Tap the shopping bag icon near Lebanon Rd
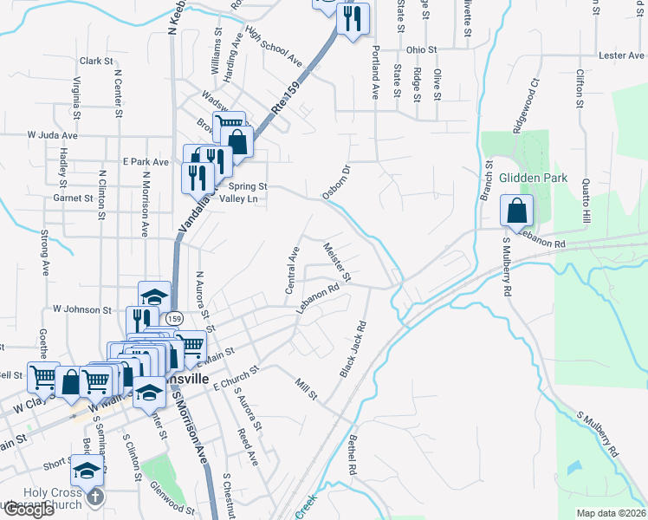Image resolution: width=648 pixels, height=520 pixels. (x=516, y=211)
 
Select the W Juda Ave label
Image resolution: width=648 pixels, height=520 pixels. (x=53, y=135)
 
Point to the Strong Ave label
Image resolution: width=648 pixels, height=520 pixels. (x=42, y=251)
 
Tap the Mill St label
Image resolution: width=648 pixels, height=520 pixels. (x=307, y=387)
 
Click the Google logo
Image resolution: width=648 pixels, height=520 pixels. (x=29, y=510)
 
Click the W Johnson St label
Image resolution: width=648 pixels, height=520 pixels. (x=83, y=309)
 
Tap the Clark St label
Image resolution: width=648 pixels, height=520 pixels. (x=97, y=62)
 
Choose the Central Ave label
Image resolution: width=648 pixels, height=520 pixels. (x=292, y=269)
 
